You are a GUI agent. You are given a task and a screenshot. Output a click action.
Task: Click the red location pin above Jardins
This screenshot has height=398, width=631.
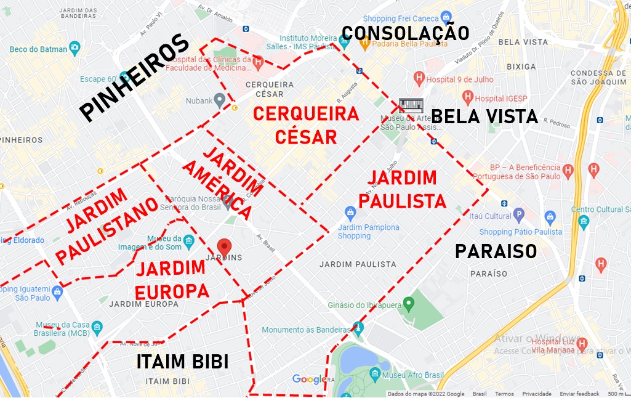coord(225,246)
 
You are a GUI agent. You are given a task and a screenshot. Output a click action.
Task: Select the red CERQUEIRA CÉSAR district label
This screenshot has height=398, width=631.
coord(306,125)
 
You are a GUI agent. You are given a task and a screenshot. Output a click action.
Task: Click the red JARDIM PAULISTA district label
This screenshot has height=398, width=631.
coord(403,189)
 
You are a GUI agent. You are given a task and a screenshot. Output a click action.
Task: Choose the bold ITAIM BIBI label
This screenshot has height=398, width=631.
coord(183,362)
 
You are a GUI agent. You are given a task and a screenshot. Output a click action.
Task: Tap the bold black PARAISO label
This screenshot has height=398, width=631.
coord(496,251)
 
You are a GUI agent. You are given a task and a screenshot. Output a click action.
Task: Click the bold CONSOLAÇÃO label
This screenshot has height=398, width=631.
coord(405,33)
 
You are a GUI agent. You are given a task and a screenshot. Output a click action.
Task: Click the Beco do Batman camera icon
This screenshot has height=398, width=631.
coord(75,47)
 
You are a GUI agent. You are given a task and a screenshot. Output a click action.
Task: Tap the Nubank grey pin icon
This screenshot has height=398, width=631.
coord(219,100)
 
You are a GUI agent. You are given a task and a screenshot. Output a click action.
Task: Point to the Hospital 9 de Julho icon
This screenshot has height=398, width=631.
coord(419,78)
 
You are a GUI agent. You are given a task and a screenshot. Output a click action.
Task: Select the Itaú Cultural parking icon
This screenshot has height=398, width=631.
coord(518,216)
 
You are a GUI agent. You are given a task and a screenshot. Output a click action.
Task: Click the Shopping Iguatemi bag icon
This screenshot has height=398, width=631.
coord(57,291)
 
